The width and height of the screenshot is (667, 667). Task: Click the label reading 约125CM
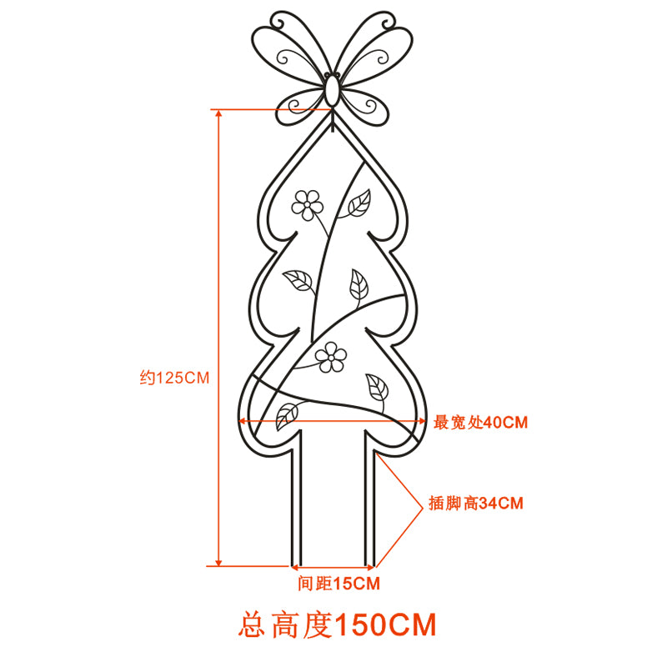174,378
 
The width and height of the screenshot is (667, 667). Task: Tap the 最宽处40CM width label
480,423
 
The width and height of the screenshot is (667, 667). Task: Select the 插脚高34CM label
475,503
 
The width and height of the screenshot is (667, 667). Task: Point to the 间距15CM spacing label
339,583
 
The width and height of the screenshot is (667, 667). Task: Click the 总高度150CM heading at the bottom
338,624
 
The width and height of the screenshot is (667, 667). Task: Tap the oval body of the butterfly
332,91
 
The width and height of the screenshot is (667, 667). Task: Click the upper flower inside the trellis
307,205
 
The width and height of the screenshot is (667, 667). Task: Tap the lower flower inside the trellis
330,357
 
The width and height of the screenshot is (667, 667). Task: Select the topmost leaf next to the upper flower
359,203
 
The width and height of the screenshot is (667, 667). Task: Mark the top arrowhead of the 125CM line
218,113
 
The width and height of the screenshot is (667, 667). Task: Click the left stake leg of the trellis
297,499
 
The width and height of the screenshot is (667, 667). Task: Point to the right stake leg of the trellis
369,499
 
